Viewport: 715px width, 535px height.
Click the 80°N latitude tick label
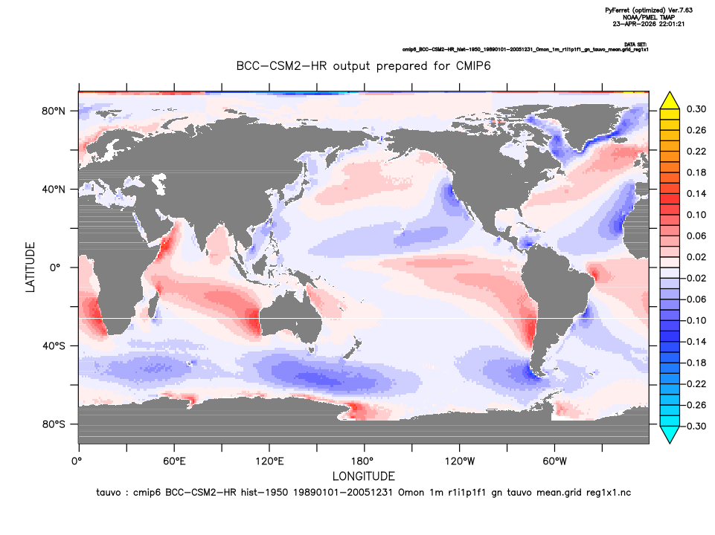(54, 111)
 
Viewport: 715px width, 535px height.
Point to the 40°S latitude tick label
(54, 346)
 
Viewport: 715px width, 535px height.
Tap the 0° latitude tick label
(55, 267)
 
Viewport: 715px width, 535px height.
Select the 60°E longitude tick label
(174, 461)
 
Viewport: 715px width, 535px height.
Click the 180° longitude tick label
(365, 461)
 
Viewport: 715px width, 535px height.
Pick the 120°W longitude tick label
(460, 461)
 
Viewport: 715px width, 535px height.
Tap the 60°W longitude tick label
(554, 461)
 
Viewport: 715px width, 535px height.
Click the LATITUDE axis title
(30, 267)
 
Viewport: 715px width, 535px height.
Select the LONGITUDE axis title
(363, 476)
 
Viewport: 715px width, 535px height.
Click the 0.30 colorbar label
(696, 109)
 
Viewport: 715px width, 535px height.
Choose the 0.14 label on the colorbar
(696, 193)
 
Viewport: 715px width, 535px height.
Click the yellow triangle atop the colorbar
(670, 101)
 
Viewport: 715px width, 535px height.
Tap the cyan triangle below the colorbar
(670, 435)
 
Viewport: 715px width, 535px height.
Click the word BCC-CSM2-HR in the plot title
(281, 66)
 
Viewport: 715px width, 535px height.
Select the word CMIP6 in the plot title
(473, 66)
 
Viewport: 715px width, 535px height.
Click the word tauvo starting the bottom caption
(109, 493)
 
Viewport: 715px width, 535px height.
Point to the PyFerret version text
(649, 10)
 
